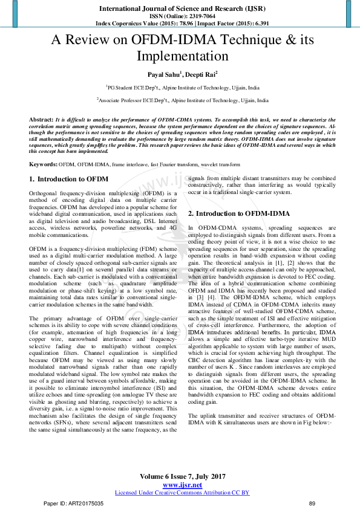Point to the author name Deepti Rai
tap(203, 74)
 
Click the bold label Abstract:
tap(41, 120)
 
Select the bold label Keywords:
tap(44, 164)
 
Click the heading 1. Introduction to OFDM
tap(69, 180)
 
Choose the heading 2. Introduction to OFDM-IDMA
tap(238, 213)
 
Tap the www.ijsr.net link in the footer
tap(182, 485)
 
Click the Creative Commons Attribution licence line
tap(182, 493)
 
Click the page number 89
tap(312, 503)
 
